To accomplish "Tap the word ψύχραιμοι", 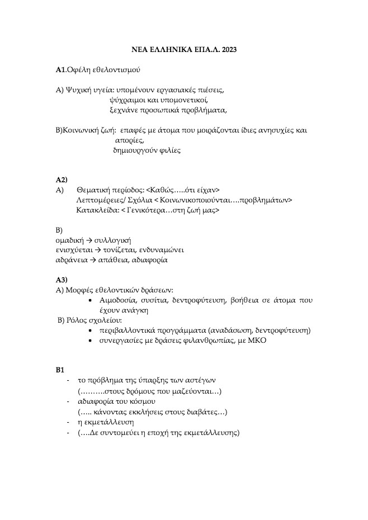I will pyautogui.click(x=126, y=100).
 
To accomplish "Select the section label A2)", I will pyautogui.click(x=62, y=179).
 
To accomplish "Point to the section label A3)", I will pyautogui.click(x=62, y=280).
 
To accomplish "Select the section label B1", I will pyautogui.click(x=60, y=370).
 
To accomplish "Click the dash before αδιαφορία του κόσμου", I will pyautogui.click(x=68, y=401).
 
